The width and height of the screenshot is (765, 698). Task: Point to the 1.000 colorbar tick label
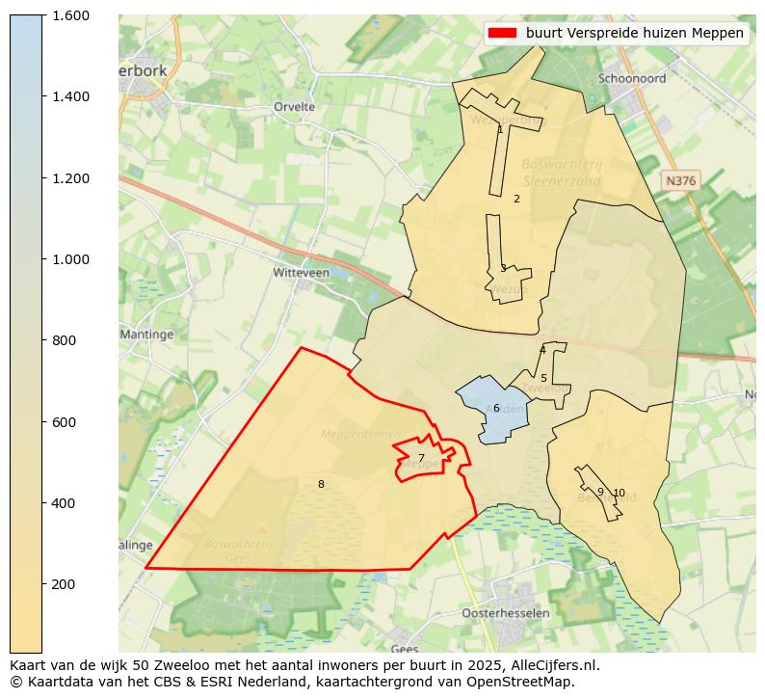[x=70, y=259]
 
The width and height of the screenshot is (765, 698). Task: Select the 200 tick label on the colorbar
[x=65, y=584]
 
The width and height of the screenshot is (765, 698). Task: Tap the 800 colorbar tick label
[x=65, y=340]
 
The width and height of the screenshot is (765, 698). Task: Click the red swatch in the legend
[x=502, y=33]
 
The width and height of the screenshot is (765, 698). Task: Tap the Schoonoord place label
[x=631, y=78]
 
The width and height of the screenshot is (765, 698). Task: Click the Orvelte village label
[x=294, y=107]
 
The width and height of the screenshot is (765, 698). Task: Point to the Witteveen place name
[x=301, y=273]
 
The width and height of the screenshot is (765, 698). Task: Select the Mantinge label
[x=146, y=335]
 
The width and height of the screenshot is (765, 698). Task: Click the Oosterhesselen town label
[x=506, y=613]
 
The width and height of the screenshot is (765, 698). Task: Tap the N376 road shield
[x=680, y=180]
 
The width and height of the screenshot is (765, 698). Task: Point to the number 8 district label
[x=321, y=484]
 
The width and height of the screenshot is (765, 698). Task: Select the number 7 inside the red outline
[x=421, y=458]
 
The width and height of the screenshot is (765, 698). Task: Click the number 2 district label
[x=516, y=199]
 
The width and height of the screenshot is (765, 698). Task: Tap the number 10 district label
[x=619, y=493]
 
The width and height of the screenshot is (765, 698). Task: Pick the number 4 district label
[x=542, y=350]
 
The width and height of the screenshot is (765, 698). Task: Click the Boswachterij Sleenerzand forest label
[x=562, y=172]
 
